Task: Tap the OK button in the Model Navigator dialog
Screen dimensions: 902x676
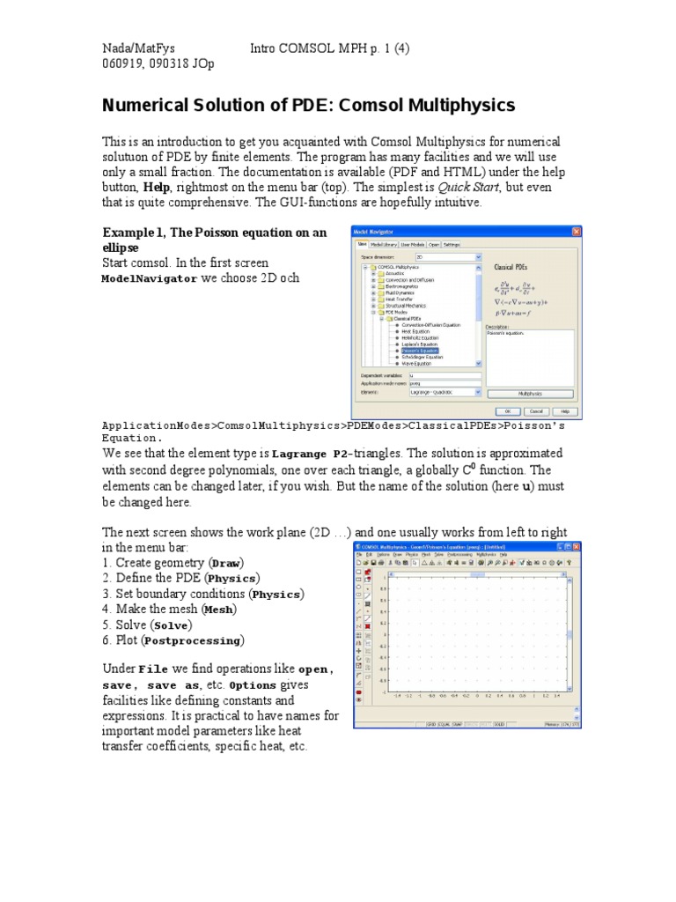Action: coord(508,410)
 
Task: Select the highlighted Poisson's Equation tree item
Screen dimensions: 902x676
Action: coord(419,350)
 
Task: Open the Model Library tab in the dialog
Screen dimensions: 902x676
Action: coord(383,244)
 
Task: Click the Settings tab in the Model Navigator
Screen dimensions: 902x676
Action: coord(452,244)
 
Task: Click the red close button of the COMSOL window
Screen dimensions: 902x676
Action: coord(572,546)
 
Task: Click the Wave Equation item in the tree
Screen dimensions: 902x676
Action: coord(419,362)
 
